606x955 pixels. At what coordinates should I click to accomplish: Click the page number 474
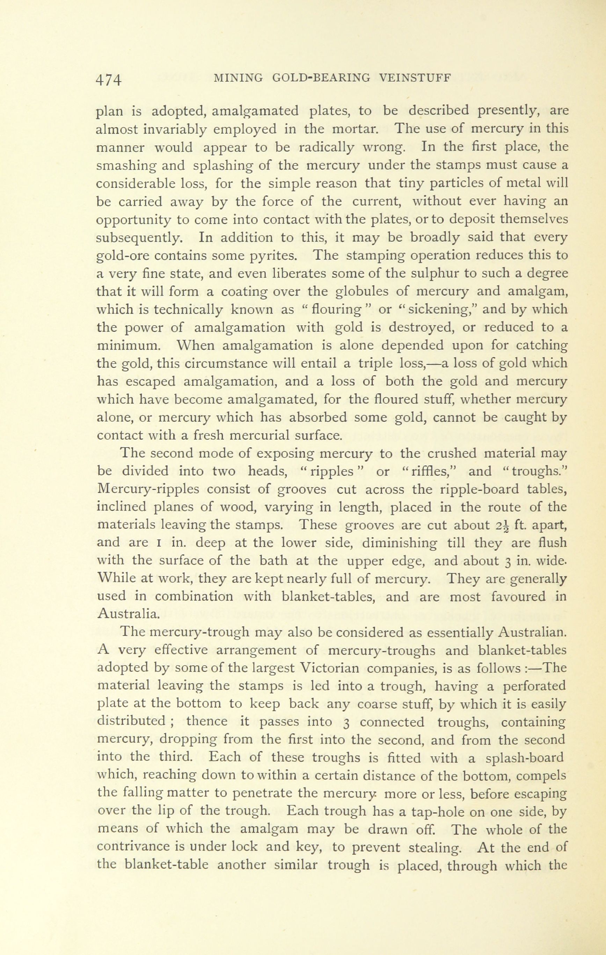[108, 80]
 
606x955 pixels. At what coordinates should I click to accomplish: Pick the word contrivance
[132, 847]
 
